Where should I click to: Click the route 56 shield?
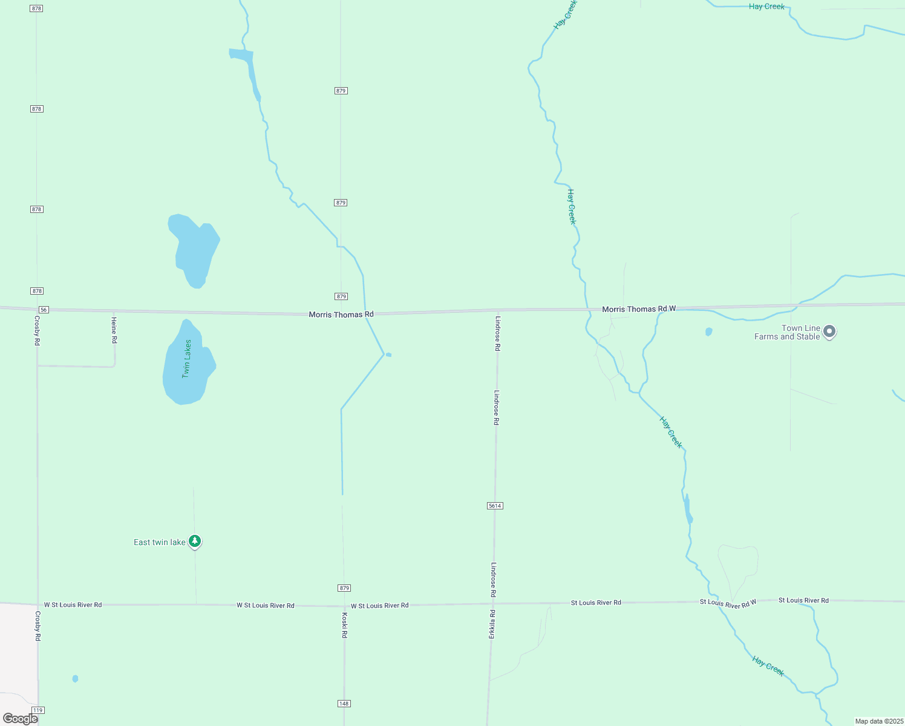point(44,310)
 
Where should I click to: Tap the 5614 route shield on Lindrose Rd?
point(495,506)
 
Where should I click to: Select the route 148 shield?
point(344,704)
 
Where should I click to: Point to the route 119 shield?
point(39,710)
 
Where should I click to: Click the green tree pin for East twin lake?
point(195,541)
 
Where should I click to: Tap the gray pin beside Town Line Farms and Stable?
point(830,332)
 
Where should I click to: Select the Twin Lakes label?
point(187,359)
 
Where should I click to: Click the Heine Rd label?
point(114,330)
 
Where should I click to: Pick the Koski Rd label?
point(344,625)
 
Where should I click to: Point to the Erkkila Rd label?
point(492,624)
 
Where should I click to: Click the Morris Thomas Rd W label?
point(639,309)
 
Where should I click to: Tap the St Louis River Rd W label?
point(728,603)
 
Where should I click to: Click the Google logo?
point(21,719)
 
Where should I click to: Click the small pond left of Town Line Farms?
point(709,332)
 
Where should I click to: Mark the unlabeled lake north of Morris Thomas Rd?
point(194,249)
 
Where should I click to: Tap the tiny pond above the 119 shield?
point(75,679)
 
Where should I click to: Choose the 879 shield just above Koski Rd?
point(344,588)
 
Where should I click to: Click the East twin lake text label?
point(160,542)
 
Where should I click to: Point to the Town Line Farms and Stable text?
point(787,333)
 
